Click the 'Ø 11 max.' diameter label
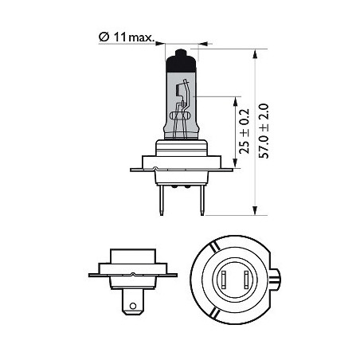click(128, 37)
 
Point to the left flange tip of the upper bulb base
click(134, 168)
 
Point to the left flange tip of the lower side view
click(90, 276)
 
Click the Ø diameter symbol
click(104, 37)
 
